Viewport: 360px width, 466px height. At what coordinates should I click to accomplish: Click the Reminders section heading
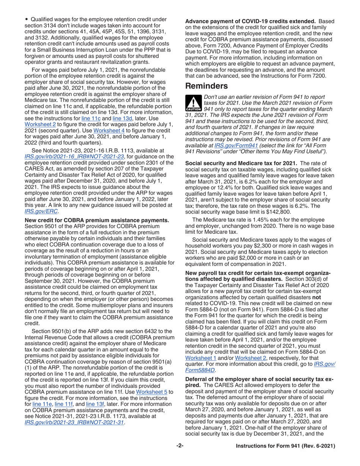(x=207, y=86)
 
